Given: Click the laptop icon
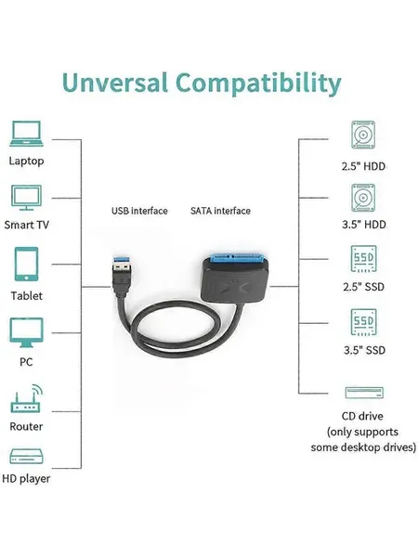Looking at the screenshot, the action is point(26,134).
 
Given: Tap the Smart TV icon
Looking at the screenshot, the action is point(26,198).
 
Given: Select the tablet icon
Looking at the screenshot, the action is point(26,264).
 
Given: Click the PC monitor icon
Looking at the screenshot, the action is point(26,332).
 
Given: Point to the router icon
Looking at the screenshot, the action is point(26,398).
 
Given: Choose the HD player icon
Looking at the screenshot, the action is point(26,457).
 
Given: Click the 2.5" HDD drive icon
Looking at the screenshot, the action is point(363,135).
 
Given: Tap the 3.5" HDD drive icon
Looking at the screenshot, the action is point(363,198).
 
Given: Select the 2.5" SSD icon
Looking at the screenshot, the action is point(363,259).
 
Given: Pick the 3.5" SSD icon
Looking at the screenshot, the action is point(363,322).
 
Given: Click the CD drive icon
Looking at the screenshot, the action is point(364,393).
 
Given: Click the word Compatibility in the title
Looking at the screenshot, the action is point(258,84).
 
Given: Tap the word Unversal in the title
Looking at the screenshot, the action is point(114,83).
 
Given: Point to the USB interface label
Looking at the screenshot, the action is point(139,211).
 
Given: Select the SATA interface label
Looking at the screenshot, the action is point(220,211).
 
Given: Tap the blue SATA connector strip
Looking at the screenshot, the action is point(235,258).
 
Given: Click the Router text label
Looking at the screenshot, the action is point(26,426).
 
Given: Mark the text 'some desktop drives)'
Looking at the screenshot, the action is point(363,447).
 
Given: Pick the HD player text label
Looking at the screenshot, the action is point(26,479).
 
